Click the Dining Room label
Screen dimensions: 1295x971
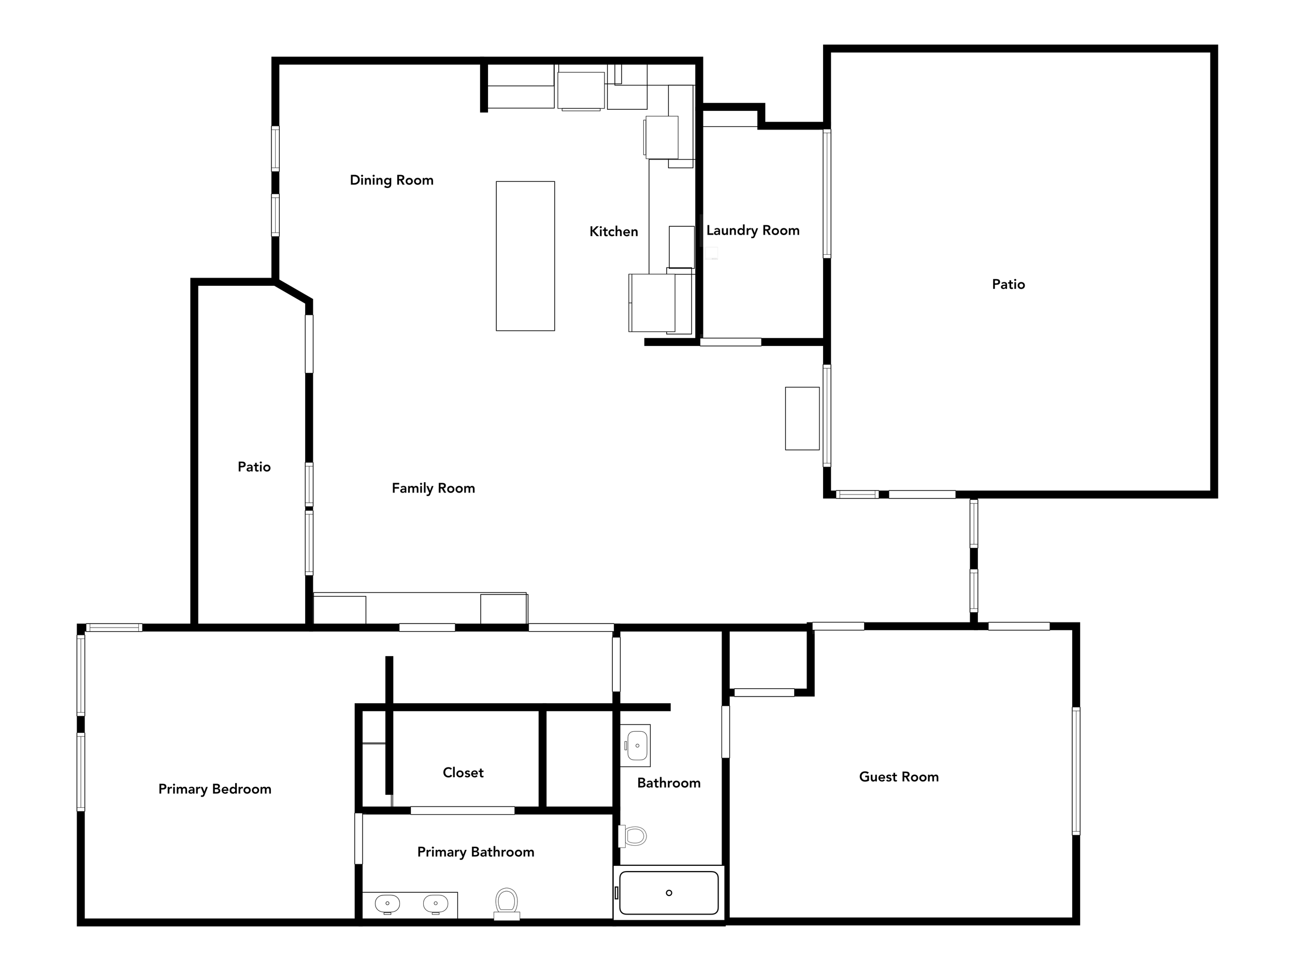(392, 180)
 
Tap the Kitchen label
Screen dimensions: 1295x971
(613, 232)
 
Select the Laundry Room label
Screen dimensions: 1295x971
(753, 230)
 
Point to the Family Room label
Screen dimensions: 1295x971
(433, 488)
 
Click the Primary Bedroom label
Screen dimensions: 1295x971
(215, 789)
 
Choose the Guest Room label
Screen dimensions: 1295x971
(899, 777)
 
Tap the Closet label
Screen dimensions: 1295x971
(463, 773)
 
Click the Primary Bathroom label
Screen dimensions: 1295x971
(476, 852)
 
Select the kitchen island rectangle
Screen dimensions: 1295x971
(525, 256)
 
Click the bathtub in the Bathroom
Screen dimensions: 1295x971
(669, 893)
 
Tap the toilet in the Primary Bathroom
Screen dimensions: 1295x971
(507, 904)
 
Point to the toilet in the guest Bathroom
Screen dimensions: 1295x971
(633, 836)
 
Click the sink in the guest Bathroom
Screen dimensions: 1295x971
(637, 746)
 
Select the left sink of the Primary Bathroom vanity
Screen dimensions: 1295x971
(387, 904)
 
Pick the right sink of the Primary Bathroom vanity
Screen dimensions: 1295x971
(436, 904)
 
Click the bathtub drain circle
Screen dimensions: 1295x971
(669, 893)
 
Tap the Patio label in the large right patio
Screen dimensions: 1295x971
(1008, 284)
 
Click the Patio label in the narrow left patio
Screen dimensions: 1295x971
(254, 467)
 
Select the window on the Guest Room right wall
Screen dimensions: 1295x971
(1076, 771)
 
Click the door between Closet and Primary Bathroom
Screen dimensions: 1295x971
(463, 810)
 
